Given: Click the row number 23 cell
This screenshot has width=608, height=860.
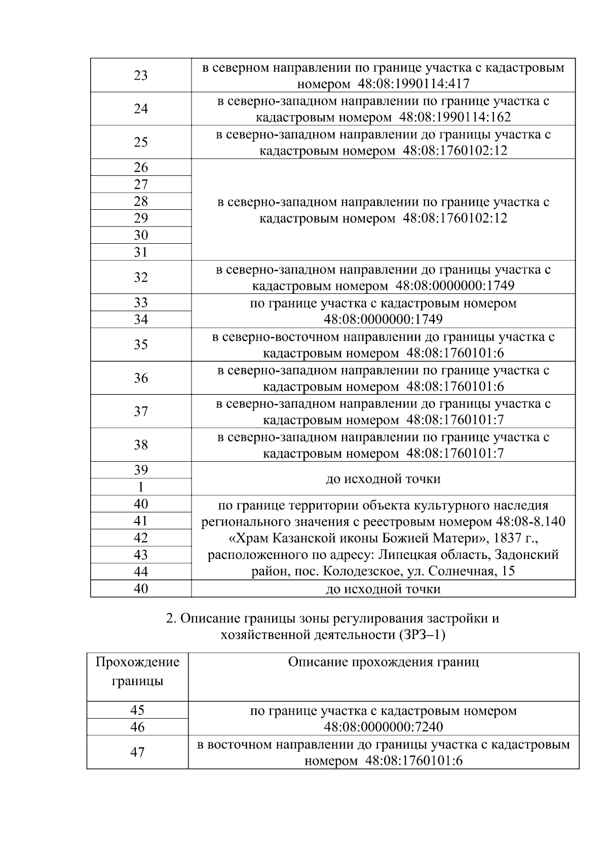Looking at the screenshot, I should (x=140, y=76).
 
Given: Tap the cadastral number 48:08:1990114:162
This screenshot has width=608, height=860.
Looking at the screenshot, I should (x=454, y=117).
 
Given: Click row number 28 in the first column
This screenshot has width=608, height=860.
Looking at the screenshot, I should (x=140, y=201).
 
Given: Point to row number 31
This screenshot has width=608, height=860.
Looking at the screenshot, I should (x=140, y=252).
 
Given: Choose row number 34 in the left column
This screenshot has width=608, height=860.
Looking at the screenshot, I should (x=140, y=319).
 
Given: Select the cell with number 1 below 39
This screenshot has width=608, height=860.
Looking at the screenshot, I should (x=140, y=487).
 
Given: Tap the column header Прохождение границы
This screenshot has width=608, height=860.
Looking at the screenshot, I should (x=137, y=671).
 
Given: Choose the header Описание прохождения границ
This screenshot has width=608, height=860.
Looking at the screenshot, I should (x=383, y=662).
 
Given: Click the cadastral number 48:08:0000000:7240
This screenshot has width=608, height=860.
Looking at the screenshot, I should (x=384, y=727).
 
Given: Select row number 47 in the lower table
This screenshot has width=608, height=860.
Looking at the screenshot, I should (x=137, y=752).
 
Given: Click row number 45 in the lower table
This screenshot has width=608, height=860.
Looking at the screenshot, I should (x=137, y=710).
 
